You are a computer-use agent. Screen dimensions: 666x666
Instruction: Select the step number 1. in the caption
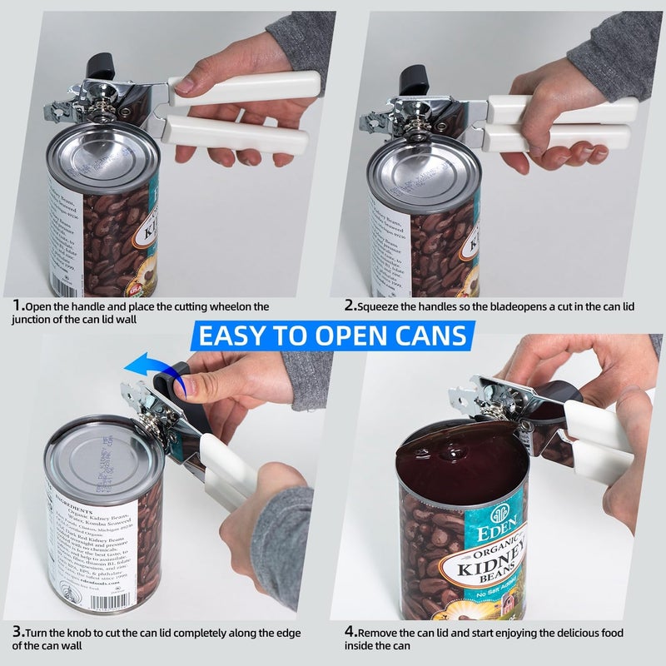pyautogui.click(x=18, y=306)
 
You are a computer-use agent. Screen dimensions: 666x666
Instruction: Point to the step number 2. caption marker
pyautogui.click(x=350, y=306)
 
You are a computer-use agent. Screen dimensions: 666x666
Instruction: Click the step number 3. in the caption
pyautogui.click(x=18, y=631)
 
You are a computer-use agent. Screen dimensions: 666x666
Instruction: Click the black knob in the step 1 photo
pyautogui.click(x=102, y=63)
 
